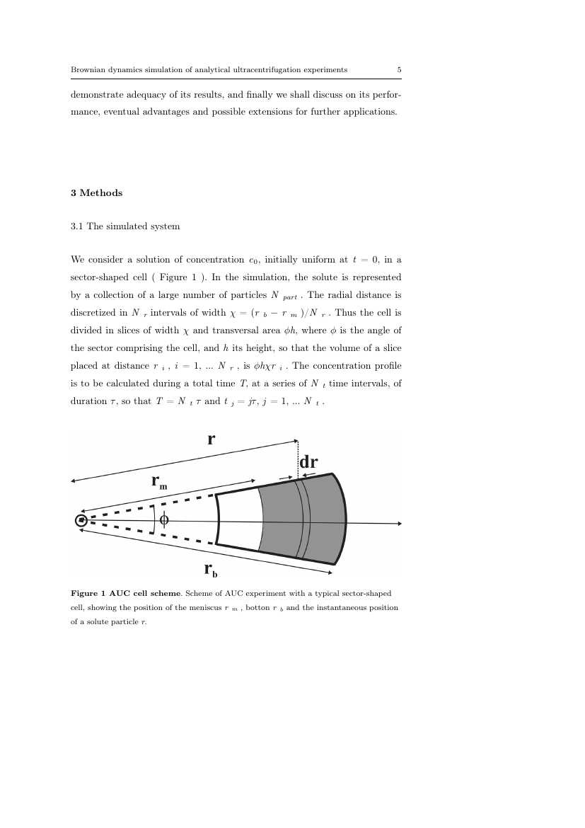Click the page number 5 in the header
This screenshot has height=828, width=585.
pyautogui.click(x=400, y=70)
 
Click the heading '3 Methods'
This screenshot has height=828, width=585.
pyautogui.click(x=96, y=192)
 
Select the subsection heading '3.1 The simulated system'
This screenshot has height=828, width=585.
pyautogui.click(x=125, y=226)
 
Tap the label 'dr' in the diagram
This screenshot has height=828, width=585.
pyautogui.click(x=308, y=462)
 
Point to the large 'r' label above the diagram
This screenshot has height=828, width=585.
pyautogui.click(x=211, y=439)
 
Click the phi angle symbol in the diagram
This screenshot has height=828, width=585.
pyautogui.click(x=164, y=519)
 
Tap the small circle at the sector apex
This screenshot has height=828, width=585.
pyautogui.click(x=81, y=521)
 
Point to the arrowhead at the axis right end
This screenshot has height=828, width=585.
pyautogui.click(x=399, y=524)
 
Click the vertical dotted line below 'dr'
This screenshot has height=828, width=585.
pyautogui.click(x=298, y=460)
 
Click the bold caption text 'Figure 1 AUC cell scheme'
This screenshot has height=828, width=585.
pyautogui.click(x=126, y=593)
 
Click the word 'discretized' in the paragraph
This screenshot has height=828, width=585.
pyautogui.click(x=91, y=313)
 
